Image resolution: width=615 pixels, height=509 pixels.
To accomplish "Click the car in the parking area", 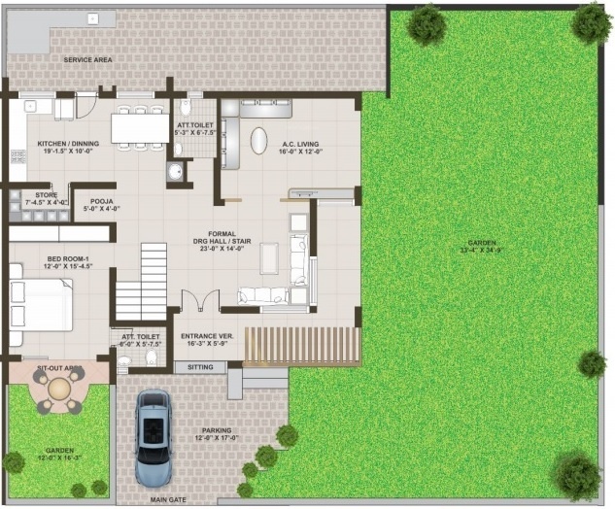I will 154,436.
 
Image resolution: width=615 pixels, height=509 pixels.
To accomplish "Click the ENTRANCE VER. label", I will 207,336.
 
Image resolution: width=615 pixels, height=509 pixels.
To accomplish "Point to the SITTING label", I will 199,368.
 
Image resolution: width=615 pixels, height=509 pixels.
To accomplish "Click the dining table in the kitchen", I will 140,128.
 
